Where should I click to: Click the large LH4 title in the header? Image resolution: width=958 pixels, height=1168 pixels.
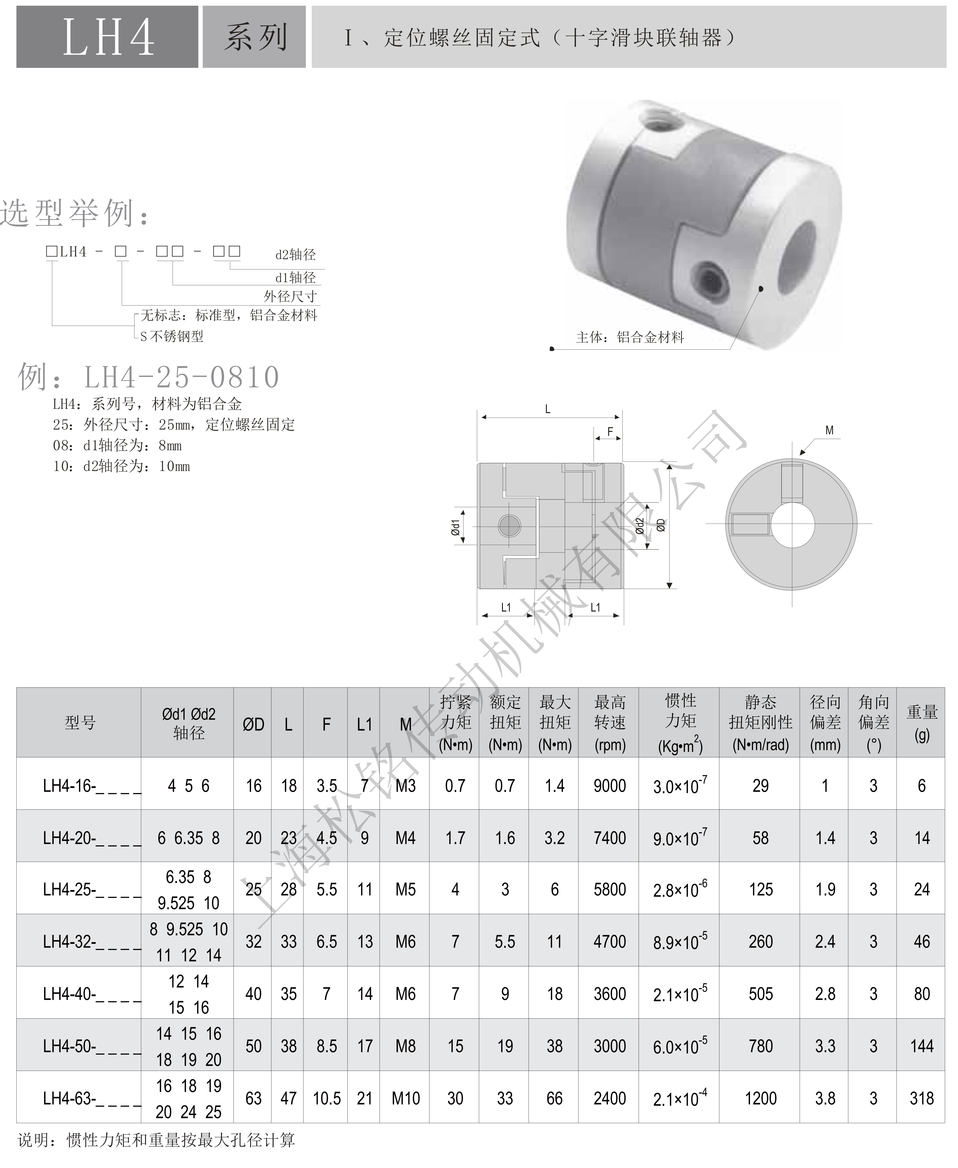pyautogui.click(x=108, y=37)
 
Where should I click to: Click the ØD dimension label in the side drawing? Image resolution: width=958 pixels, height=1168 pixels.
pyautogui.click(x=660, y=525)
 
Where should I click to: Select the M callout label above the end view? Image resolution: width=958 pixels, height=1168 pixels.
pyautogui.click(x=829, y=430)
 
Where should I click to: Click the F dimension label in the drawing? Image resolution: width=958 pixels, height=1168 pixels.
pyautogui.click(x=610, y=431)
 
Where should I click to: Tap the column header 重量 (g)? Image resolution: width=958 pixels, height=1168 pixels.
pyautogui.click(x=922, y=723)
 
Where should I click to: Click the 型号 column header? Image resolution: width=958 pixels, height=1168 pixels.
pyautogui.click(x=80, y=723)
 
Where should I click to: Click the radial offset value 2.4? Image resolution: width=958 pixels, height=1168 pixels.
pyautogui.click(x=825, y=942)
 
